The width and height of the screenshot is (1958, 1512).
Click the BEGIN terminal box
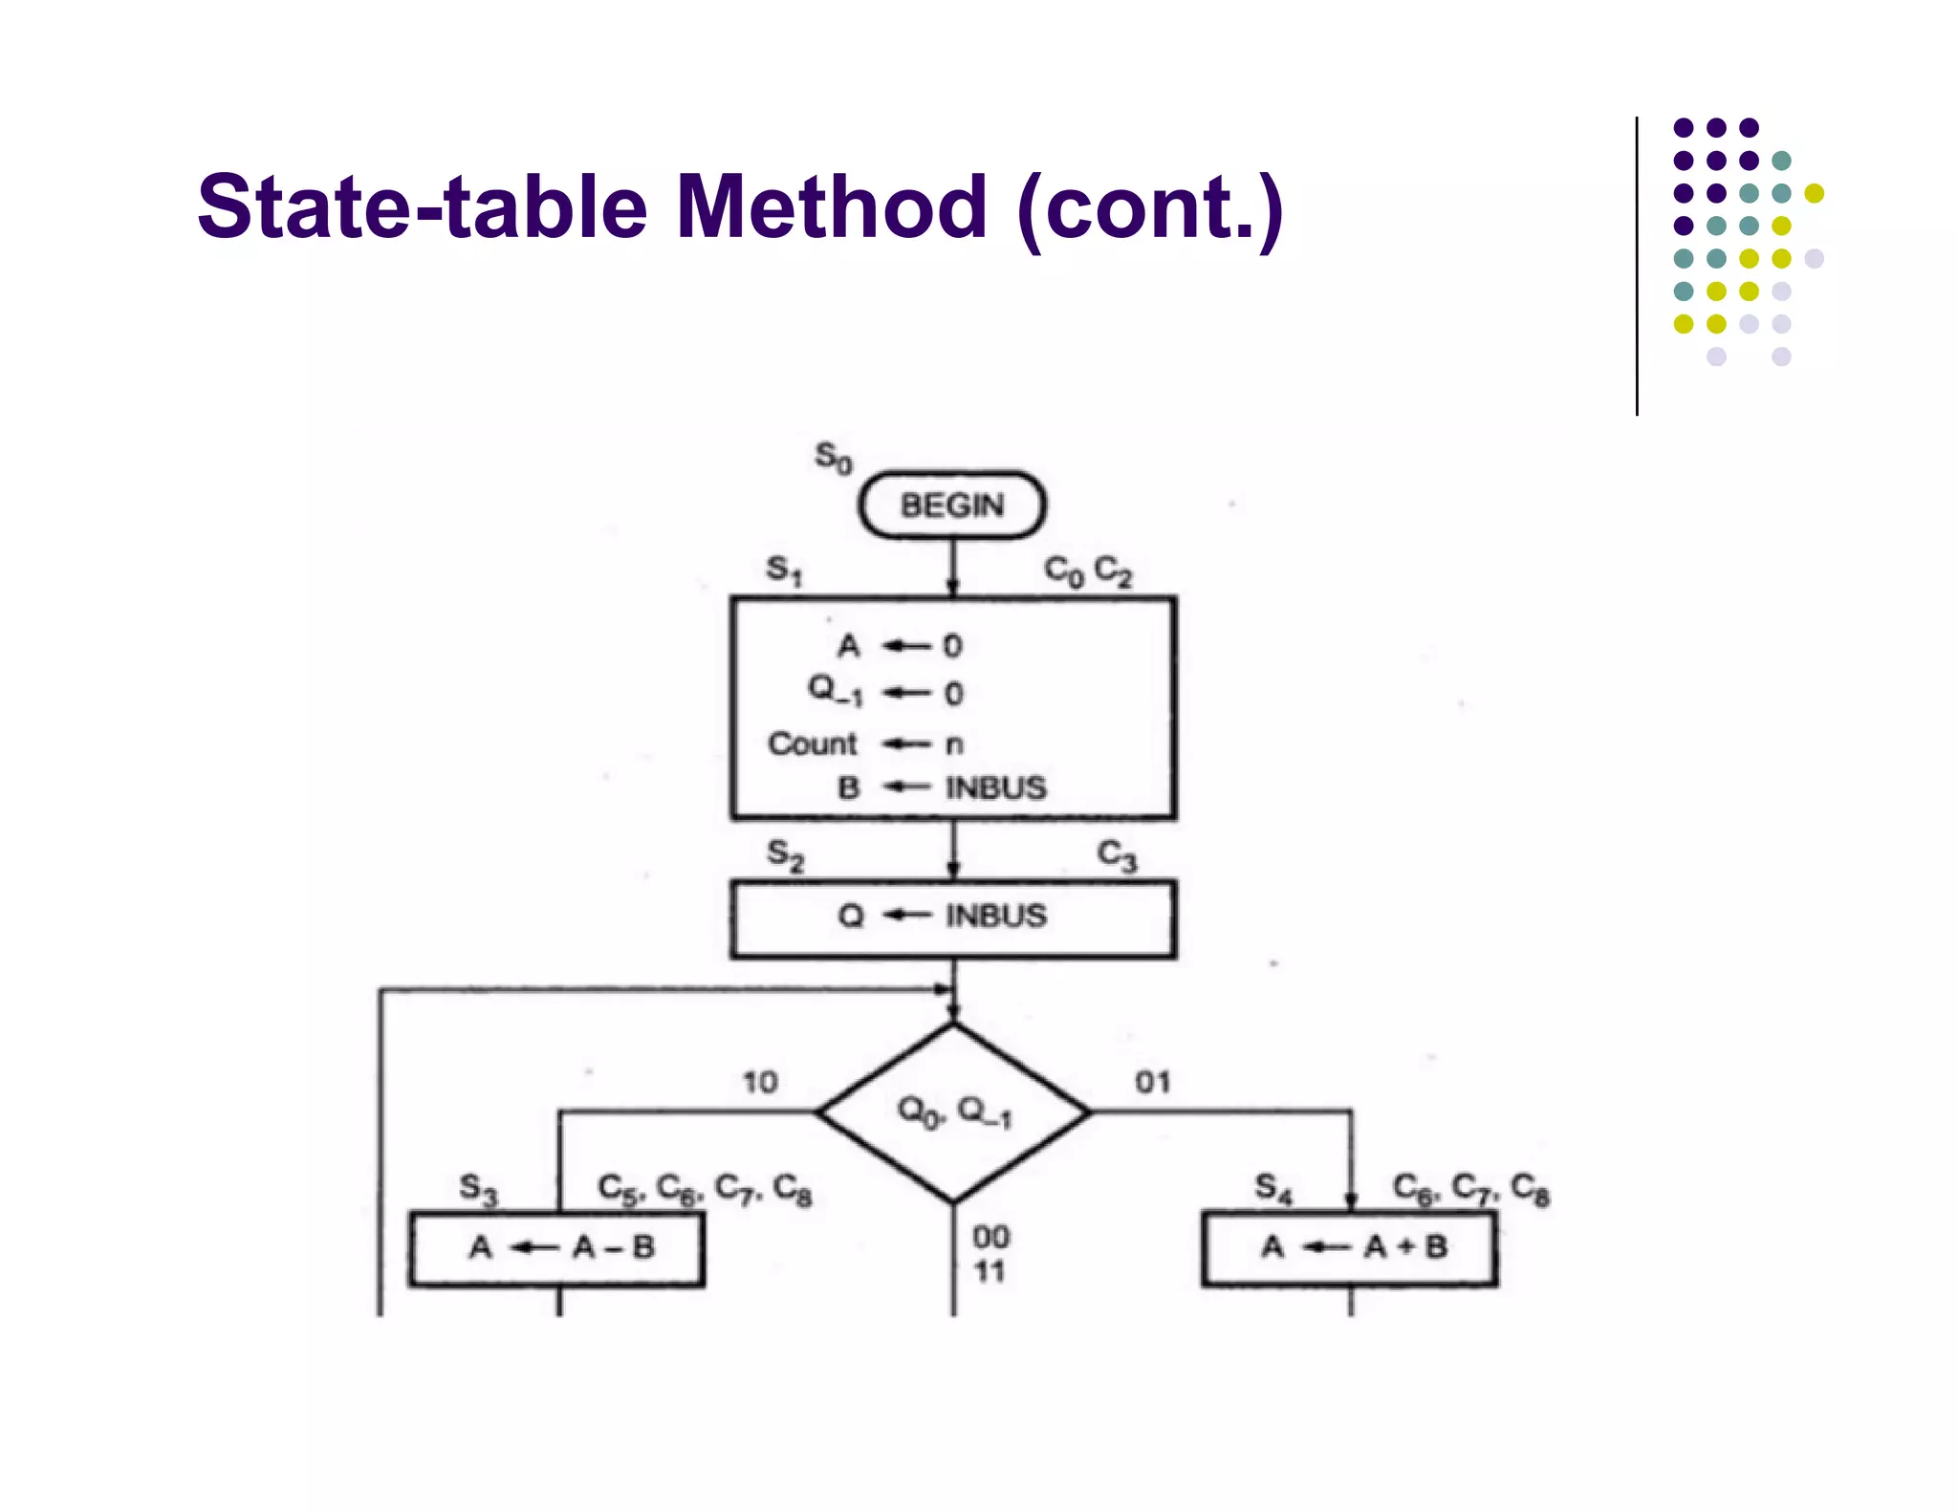(x=952, y=505)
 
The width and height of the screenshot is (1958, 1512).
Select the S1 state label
(x=785, y=572)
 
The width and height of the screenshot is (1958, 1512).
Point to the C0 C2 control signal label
(x=1088, y=572)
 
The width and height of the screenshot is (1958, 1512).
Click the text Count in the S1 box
(x=813, y=744)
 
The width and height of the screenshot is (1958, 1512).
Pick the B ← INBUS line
(x=943, y=788)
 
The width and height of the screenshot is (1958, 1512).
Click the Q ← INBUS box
(x=953, y=918)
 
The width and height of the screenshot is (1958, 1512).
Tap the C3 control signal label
(x=1117, y=855)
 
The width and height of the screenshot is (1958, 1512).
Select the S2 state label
(x=786, y=853)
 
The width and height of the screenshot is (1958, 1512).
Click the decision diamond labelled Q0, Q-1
(x=954, y=1112)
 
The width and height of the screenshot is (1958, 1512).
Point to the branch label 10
(x=761, y=1083)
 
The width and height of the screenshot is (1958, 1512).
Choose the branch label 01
(x=1153, y=1083)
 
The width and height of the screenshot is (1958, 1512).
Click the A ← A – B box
(x=557, y=1248)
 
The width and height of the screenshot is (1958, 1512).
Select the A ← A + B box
(x=1350, y=1248)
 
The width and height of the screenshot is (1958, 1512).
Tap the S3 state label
(x=479, y=1189)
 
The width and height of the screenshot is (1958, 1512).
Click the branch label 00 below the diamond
(x=991, y=1238)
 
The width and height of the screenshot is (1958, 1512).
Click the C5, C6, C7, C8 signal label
(x=705, y=1189)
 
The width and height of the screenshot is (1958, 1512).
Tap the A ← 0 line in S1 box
(x=900, y=647)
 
